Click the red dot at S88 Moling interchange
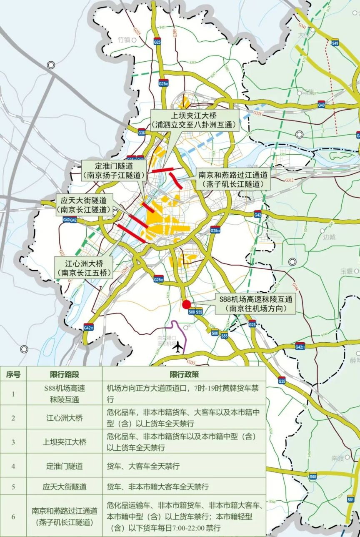(187, 305)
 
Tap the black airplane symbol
(179, 346)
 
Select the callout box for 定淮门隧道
(113, 171)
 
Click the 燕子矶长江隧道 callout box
(233, 179)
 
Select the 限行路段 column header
(65, 374)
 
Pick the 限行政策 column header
(184, 374)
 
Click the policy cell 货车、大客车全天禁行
(143, 466)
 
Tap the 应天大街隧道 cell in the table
(65, 486)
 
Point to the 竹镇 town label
(124, 40)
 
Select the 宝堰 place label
(347, 271)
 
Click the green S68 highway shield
(313, 476)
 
